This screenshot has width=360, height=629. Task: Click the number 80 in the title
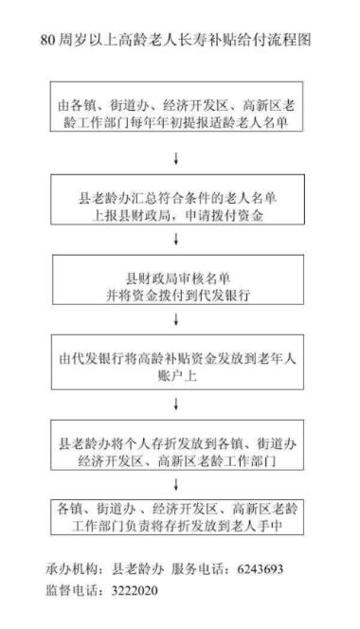(47, 40)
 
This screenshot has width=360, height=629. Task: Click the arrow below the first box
(176, 158)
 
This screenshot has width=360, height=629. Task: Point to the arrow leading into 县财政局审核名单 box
(176, 240)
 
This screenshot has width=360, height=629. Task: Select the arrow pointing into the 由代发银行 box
(176, 319)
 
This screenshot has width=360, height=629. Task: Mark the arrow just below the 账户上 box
(176, 404)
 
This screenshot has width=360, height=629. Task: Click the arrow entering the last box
(176, 484)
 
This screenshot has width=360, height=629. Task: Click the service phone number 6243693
(261, 568)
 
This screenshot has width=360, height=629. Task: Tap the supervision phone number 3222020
(135, 590)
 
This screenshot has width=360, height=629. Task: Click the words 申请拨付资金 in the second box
(225, 216)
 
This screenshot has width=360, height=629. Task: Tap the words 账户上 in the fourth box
(177, 376)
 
